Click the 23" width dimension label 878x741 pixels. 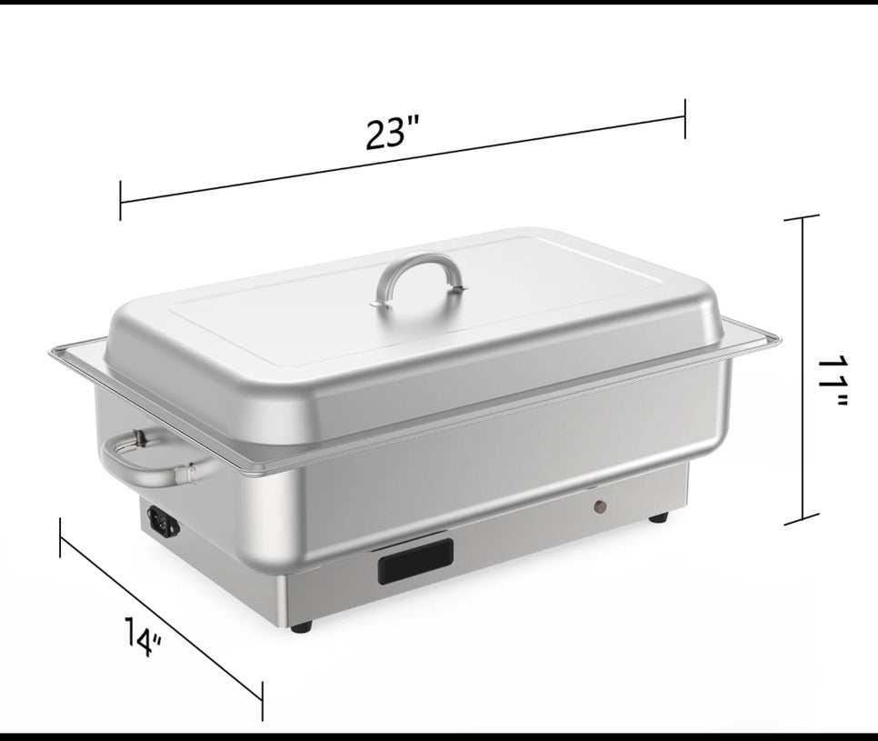[x=392, y=134]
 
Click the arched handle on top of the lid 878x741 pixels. [x=420, y=269]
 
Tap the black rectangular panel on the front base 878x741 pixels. [x=415, y=560]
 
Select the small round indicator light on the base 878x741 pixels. [x=600, y=506]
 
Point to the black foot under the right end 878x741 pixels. [x=659, y=517]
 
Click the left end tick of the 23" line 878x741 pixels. [x=120, y=200]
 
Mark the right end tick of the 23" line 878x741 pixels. [x=684, y=115]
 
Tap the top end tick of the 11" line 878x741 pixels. [x=802, y=218]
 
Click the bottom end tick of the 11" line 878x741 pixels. [x=802, y=522]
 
